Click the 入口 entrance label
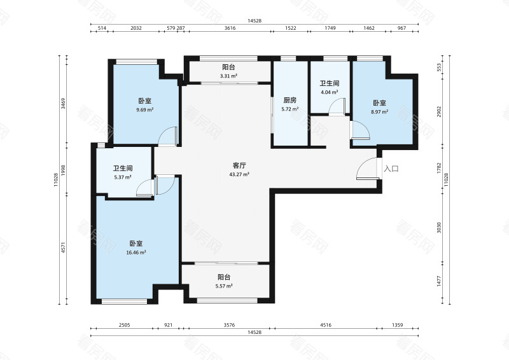pos(391,169)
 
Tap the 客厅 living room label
pos(239,165)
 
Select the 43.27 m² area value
pos(239,174)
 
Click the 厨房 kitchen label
pos(290,100)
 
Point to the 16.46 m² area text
pos(136,253)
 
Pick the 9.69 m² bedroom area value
pos(145,110)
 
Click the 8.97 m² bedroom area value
pos(380,112)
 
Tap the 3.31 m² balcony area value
pos(228,76)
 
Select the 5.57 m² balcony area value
pos(224,286)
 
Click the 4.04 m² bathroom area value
pos(330,92)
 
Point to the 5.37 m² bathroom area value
pos(123,177)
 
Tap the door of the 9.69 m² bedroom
pos(167,135)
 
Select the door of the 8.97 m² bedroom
pos(360,130)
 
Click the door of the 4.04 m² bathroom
pos(337,106)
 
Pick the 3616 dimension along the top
pos(230,28)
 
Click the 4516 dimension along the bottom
pos(326,325)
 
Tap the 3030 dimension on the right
pos(439,228)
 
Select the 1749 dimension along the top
pos(330,28)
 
